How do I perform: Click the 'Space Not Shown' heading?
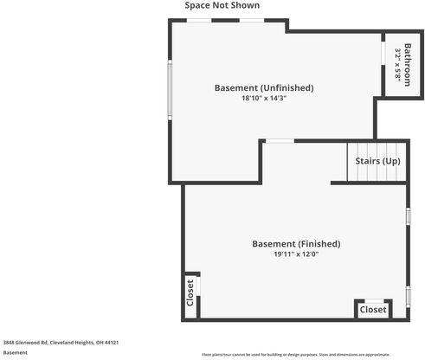[x=222, y=5]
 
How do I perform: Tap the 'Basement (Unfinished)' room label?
[x=263, y=87]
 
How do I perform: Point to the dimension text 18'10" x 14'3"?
[x=263, y=99]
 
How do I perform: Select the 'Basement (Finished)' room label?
[x=296, y=244]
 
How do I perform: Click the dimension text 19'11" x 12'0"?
[x=296, y=254]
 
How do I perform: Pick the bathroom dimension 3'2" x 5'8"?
[x=397, y=63]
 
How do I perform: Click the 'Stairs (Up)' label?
[x=377, y=161]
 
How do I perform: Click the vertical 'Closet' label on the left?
[x=190, y=292]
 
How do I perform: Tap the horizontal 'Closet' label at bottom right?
[x=373, y=309]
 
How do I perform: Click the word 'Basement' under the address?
[x=15, y=352]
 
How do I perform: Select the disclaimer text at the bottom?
[x=295, y=355]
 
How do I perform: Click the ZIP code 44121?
[x=111, y=342]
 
